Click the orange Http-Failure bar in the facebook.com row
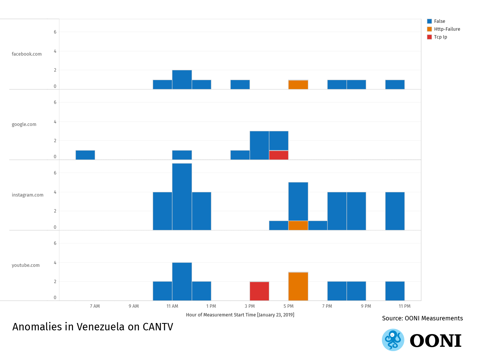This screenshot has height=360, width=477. [x=298, y=85]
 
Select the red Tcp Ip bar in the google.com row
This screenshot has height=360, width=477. [x=279, y=155]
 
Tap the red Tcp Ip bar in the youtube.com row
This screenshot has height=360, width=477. [x=259, y=291]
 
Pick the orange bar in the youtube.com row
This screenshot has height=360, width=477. [x=298, y=286]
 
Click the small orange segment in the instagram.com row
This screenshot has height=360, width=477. [x=298, y=225]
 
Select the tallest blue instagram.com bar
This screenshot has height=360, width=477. [x=182, y=197]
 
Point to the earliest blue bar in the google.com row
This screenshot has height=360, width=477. [x=85, y=155]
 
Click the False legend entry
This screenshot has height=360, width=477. [x=439, y=21]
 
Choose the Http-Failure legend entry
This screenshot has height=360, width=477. [x=447, y=29]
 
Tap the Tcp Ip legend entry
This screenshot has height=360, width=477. [x=440, y=37]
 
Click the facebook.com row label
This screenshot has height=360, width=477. [x=27, y=54]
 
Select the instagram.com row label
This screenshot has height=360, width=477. [x=28, y=195]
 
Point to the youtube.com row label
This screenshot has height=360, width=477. [x=26, y=265]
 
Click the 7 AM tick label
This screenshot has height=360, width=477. [x=95, y=306]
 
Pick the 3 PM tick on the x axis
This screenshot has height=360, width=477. [x=250, y=306]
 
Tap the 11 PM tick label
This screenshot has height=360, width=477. [x=405, y=306]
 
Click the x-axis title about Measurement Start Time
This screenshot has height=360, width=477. [x=240, y=315]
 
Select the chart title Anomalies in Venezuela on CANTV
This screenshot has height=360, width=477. [x=93, y=327]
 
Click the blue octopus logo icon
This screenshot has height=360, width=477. [x=393, y=340]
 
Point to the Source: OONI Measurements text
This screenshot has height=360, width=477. [x=422, y=318]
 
